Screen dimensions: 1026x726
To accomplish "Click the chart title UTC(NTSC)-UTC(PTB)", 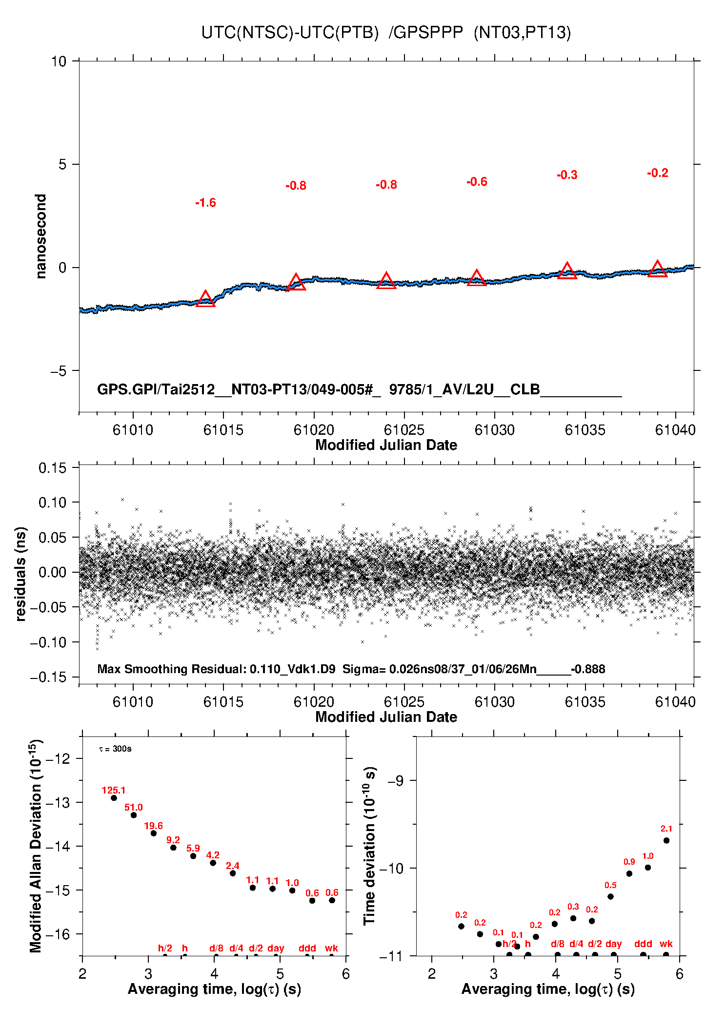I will point(290,33).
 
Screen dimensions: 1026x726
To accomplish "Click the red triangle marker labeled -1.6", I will point(205,299).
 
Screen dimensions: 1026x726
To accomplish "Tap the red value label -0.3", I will point(567,175).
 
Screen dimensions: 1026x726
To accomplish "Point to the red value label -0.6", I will point(477,182).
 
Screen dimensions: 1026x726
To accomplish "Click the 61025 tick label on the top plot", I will point(404,430).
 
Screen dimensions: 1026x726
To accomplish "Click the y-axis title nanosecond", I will point(40,236).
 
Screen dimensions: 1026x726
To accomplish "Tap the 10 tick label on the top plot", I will point(59,61).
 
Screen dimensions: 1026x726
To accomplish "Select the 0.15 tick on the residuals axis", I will point(52,468).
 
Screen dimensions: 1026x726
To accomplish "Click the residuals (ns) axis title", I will point(20,574).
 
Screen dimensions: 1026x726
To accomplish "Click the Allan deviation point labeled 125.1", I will point(114,798).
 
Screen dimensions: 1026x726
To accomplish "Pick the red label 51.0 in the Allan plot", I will point(134,808).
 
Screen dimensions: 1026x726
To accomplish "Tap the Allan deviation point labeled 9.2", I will point(173,848).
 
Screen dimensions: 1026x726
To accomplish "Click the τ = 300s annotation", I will point(115,749).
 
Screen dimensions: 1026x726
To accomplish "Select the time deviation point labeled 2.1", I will point(666,840).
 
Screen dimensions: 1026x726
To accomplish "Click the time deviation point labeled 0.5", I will point(610,896).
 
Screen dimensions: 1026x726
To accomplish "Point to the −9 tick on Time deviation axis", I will point(395,781).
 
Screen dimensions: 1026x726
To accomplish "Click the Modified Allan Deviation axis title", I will point(36,846).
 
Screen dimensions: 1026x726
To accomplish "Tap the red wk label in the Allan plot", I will point(331,948).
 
